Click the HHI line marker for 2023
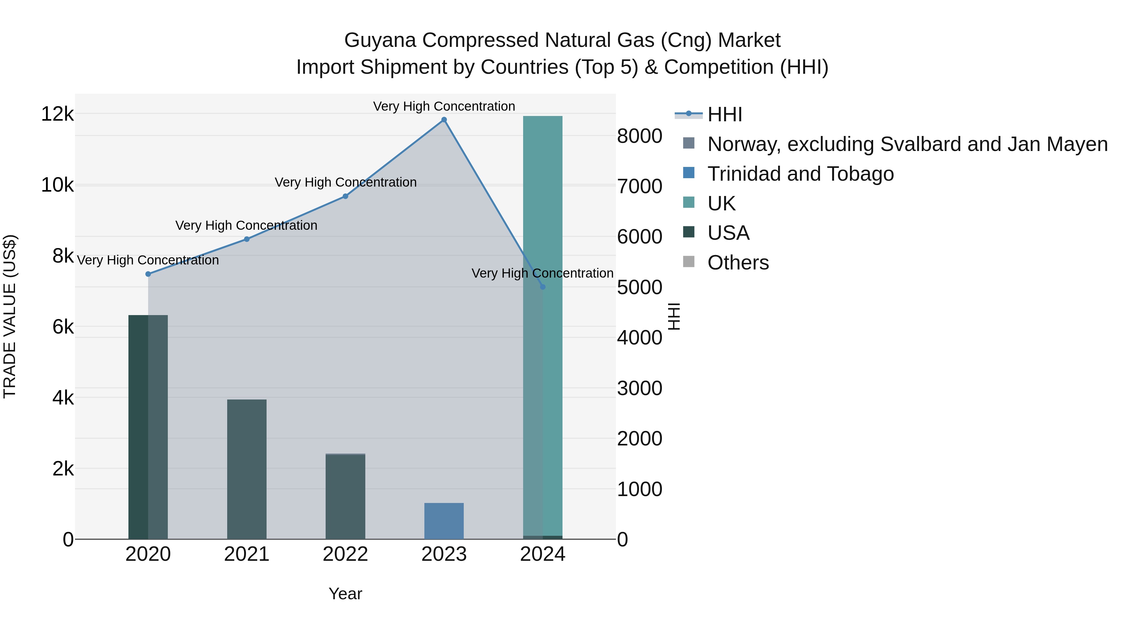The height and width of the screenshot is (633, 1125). coord(444,120)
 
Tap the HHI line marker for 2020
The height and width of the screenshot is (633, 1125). coord(148,274)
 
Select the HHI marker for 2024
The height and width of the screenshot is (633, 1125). coord(542,287)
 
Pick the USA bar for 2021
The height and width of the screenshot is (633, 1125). coord(247,469)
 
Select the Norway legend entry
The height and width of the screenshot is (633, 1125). coord(907,144)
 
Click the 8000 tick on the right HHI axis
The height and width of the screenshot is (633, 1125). coord(639,136)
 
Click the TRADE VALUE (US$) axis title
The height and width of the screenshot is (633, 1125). coord(10,317)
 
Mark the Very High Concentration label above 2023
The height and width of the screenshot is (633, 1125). coord(444,107)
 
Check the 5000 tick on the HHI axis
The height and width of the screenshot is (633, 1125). coord(639,288)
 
